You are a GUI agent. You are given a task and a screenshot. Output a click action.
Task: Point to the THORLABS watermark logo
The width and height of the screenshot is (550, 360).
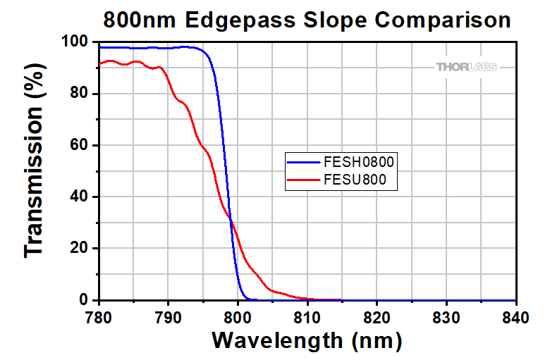pyautogui.click(x=466, y=67)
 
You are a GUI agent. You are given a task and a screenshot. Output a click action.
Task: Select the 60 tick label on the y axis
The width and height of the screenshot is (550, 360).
pyautogui.click(x=82, y=146)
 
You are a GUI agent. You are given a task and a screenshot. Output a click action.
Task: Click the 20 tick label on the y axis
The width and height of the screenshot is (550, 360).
pyautogui.click(x=82, y=249)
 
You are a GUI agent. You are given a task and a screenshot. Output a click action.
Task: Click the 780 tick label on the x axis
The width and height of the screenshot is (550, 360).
pyautogui.click(x=99, y=317)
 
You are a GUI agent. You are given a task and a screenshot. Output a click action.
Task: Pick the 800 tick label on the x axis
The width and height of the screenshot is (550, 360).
pyautogui.click(x=238, y=317)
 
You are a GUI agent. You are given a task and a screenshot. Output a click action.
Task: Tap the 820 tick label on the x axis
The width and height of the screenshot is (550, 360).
pyautogui.click(x=377, y=317)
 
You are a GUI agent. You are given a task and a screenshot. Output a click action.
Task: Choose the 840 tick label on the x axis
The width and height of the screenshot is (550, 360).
pyautogui.click(x=516, y=317)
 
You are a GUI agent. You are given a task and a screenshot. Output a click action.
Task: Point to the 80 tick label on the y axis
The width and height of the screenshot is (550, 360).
pyautogui.click(x=82, y=94)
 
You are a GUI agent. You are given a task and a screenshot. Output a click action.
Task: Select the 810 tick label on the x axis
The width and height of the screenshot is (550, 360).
pyautogui.click(x=307, y=317)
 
